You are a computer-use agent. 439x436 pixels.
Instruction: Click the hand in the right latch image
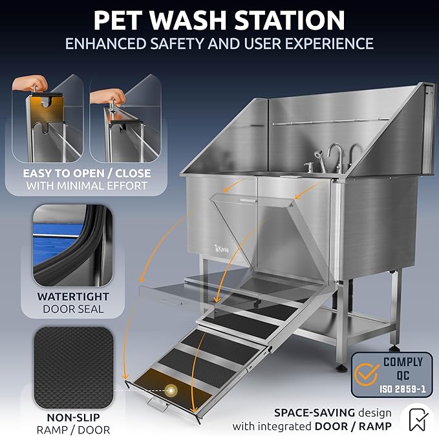tap(107, 96)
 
